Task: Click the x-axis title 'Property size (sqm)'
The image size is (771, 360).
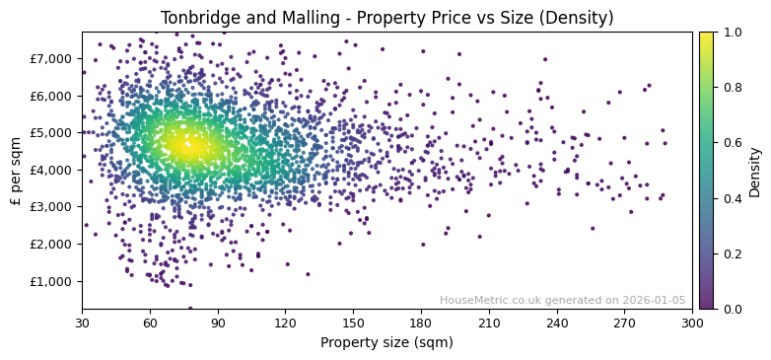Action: click(386, 343)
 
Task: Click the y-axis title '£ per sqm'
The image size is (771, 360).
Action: click(16, 170)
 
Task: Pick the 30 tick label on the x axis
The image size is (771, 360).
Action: click(82, 323)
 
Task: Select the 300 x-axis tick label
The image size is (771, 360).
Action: click(692, 323)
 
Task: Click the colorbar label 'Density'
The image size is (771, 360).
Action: click(754, 170)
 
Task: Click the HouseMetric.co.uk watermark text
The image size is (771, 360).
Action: click(562, 301)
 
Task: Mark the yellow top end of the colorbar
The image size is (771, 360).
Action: click(706, 35)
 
